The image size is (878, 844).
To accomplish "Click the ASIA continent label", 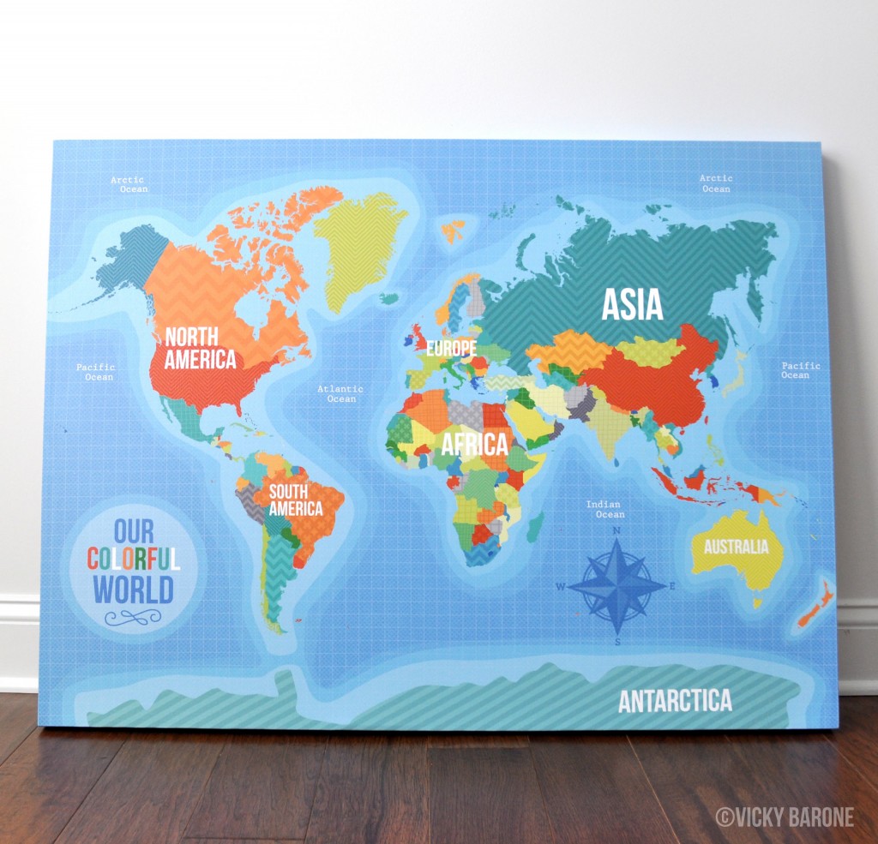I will click(x=633, y=304).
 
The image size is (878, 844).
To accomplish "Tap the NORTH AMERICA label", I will click(x=200, y=348).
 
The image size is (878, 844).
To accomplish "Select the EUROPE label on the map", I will click(x=451, y=349).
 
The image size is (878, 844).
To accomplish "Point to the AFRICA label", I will click(x=475, y=445).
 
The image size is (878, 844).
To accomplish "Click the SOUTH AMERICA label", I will click(x=296, y=500).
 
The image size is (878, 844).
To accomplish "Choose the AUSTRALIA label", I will click(x=736, y=547).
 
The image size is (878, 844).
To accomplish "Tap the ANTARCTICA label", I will click(x=675, y=700).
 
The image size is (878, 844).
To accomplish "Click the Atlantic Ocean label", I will click(x=340, y=394).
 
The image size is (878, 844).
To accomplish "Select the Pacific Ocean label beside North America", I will click(x=95, y=372).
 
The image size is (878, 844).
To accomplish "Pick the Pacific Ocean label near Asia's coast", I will click(x=800, y=370).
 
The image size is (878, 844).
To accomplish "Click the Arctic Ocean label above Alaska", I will click(x=129, y=184).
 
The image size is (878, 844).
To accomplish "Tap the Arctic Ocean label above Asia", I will click(x=716, y=183).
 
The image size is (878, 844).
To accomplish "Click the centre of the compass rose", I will click(x=617, y=586).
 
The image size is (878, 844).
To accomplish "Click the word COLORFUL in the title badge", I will click(x=134, y=560).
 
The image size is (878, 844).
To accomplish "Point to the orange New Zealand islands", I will click(x=815, y=604).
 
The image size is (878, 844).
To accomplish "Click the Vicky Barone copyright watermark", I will click(x=785, y=817).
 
